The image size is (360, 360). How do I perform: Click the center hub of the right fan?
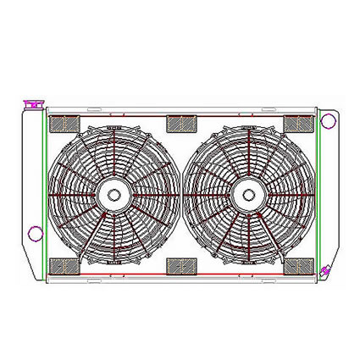(248, 194)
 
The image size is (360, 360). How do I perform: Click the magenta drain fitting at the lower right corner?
(324, 270)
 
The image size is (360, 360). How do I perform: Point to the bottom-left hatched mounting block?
(62, 267)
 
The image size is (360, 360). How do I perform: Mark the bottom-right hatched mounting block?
(299, 267)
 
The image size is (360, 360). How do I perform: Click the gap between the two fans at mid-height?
(180, 195)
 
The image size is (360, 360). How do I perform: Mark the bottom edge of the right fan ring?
(248, 263)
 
